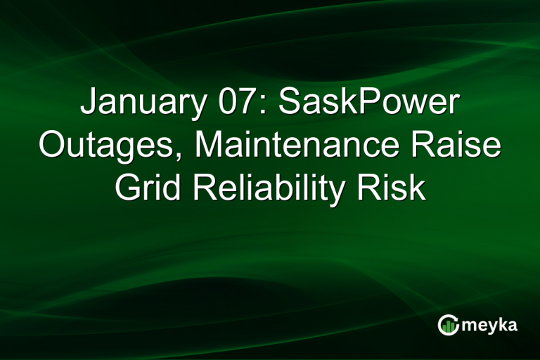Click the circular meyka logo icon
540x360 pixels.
coord(448,325)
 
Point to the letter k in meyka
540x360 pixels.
coord(503,324)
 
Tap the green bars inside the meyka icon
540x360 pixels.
coord(448,326)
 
